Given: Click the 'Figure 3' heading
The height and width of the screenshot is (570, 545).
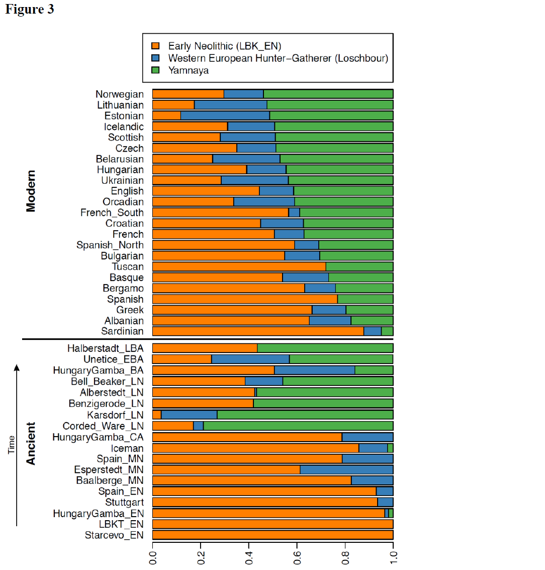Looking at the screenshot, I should click(x=30, y=10).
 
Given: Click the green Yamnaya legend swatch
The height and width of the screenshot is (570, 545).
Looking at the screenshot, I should click(x=156, y=70).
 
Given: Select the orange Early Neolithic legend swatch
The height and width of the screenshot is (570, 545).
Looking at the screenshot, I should click(x=156, y=46).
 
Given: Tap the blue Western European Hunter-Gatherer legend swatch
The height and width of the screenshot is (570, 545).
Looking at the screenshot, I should click(x=156, y=58).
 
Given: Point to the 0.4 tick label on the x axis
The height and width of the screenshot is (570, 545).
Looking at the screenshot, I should click(x=249, y=557).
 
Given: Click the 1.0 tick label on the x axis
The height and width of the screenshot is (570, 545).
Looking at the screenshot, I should click(x=393, y=557).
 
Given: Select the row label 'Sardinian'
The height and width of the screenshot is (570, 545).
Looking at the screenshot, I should click(x=122, y=331).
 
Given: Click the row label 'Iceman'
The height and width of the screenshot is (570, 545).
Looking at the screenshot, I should click(x=127, y=448).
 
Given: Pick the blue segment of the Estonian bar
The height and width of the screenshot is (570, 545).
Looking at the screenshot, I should click(x=225, y=116).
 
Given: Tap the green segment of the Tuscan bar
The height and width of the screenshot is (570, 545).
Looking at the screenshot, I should click(x=359, y=267).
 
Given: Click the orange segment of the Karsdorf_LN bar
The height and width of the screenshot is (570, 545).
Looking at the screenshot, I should click(x=157, y=415).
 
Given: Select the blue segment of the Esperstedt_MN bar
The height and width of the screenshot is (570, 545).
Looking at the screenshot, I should click(x=346, y=470).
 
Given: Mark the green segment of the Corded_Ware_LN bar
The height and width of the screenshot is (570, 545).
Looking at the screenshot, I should click(x=298, y=426).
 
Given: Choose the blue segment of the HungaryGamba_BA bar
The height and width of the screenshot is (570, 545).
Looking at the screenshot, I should click(x=314, y=371).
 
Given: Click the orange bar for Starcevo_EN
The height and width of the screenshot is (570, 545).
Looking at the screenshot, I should click(x=272, y=535).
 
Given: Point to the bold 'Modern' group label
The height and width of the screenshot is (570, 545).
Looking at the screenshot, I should click(x=31, y=191).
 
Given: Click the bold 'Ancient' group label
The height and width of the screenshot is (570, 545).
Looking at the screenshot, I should click(x=31, y=443).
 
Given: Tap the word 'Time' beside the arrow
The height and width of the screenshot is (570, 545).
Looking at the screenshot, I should click(x=12, y=445).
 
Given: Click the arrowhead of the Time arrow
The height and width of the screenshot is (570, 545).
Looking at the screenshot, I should click(x=17, y=368).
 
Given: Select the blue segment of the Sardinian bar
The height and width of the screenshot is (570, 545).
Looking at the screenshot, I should click(x=372, y=331).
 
